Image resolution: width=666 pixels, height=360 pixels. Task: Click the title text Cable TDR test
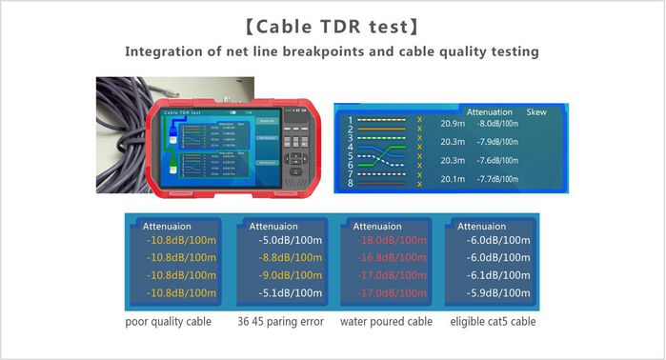tap(333, 21)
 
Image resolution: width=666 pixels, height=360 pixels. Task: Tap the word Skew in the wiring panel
tap(537, 111)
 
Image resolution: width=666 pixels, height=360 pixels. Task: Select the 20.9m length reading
tap(453, 123)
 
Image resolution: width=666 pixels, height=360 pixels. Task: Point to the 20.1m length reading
tap(453, 178)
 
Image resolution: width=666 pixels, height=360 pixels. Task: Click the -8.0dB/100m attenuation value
tap(497, 123)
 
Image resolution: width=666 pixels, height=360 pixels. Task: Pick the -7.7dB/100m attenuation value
tap(497, 178)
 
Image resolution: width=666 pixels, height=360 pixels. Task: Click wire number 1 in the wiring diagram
tap(351, 120)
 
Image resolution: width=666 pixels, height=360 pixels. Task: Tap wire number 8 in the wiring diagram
tap(351, 183)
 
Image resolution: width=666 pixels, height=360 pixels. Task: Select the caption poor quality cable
tap(169, 322)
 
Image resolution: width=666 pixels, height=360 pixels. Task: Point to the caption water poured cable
tap(386, 322)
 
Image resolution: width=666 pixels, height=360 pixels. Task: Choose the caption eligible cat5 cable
tap(493, 322)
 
